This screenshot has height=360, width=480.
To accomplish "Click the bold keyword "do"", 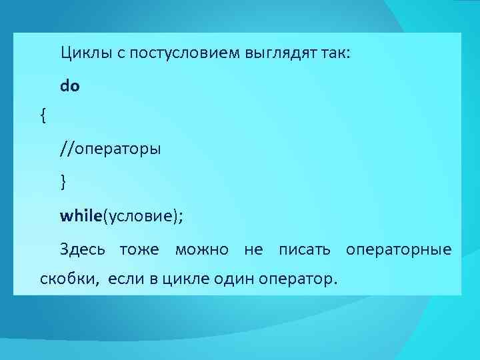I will pyautogui.click(x=70, y=85).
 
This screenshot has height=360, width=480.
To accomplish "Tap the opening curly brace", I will pyautogui.click(x=43, y=116).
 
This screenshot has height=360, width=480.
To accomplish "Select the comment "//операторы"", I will pyautogui.click(x=110, y=148).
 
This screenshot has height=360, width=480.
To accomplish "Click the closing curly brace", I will pyautogui.click(x=63, y=181).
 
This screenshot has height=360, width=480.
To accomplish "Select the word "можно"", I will pyautogui.click(x=201, y=250).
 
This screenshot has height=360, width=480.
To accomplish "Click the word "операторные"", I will pyautogui.click(x=398, y=250).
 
